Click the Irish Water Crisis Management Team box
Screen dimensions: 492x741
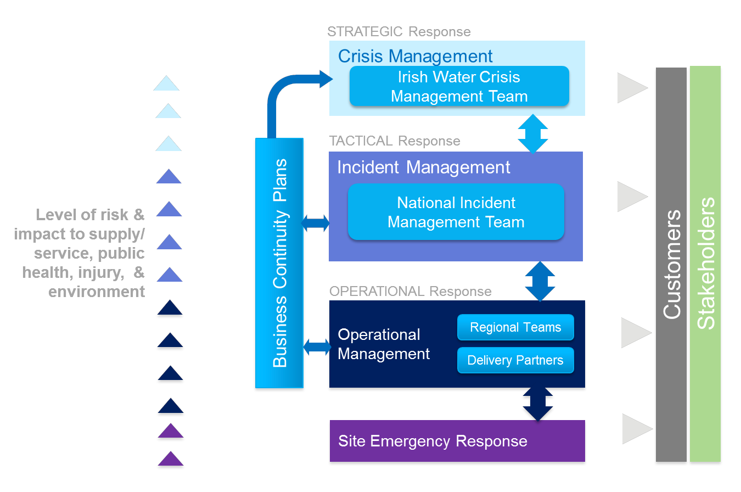[459, 86]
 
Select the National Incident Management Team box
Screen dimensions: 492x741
[456, 212]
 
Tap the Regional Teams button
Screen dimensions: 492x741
[515, 328]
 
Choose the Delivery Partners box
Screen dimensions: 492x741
[515, 360]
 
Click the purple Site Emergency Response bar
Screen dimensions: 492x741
[457, 441]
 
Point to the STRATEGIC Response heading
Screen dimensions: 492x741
[398, 31]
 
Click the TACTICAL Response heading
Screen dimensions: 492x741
[394, 141]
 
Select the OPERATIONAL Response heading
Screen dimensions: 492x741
[410, 291]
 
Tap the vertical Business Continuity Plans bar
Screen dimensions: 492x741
[279, 263]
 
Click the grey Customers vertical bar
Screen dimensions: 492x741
[671, 264]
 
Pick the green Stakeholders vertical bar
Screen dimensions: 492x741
[705, 264]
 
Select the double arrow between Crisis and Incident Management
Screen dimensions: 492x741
[533, 133]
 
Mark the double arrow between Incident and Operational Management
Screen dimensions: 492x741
[540, 281]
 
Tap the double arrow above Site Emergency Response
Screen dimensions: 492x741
[538, 404]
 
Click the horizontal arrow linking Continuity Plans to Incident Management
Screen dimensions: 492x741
[316, 223]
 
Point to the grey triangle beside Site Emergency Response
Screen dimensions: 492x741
[636, 428]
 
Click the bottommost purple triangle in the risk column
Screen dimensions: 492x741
[170, 459]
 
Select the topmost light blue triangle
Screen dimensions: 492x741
[166, 84]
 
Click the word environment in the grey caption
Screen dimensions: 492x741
[97, 291]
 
